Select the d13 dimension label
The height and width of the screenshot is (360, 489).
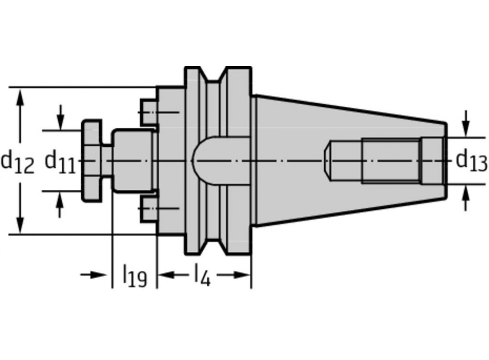point(471,161)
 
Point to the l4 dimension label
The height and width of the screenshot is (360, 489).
point(202,275)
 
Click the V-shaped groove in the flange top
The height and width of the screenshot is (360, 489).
point(214,78)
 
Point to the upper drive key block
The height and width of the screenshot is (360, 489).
point(149,112)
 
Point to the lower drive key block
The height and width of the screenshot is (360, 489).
point(149,209)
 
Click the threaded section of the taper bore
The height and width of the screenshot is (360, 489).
point(391,161)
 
